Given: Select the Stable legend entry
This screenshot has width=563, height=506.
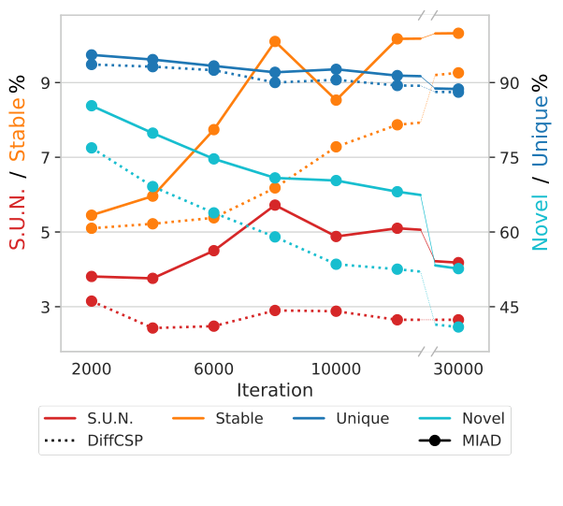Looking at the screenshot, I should click(240, 418).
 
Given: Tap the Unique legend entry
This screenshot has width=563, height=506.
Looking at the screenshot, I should click(362, 418).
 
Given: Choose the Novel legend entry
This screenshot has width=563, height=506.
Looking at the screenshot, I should click(483, 418).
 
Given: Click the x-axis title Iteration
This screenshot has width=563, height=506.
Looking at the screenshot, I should click(274, 391).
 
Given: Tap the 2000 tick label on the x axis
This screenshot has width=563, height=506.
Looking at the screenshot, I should click(92, 369).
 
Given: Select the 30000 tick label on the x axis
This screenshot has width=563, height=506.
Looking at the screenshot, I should click(458, 369).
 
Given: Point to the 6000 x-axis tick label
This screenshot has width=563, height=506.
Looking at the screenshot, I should click(214, 369).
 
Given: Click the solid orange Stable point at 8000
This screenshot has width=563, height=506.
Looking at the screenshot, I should click(275, 41).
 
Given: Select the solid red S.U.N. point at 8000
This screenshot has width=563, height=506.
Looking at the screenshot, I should click(275, 205).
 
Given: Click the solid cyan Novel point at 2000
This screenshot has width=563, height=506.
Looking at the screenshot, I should click(92, 106).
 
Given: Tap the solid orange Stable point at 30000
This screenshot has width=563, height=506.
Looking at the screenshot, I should click(458, 33).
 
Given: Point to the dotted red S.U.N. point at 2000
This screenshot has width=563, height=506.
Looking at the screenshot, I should click(92, 301).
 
